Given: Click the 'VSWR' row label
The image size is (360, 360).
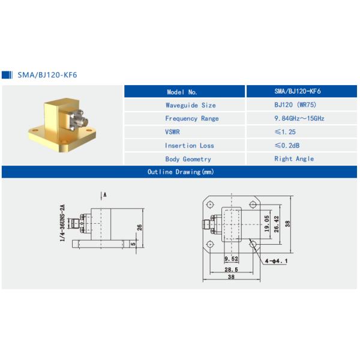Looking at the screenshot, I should coord(172,132).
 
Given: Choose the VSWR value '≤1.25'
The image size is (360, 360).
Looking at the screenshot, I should coord(285,132).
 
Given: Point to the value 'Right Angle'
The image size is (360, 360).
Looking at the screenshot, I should coord(294,159).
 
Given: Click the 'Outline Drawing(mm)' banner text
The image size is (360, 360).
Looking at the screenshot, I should coord(181,172).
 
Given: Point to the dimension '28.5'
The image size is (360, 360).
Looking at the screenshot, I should coord(230,270).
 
